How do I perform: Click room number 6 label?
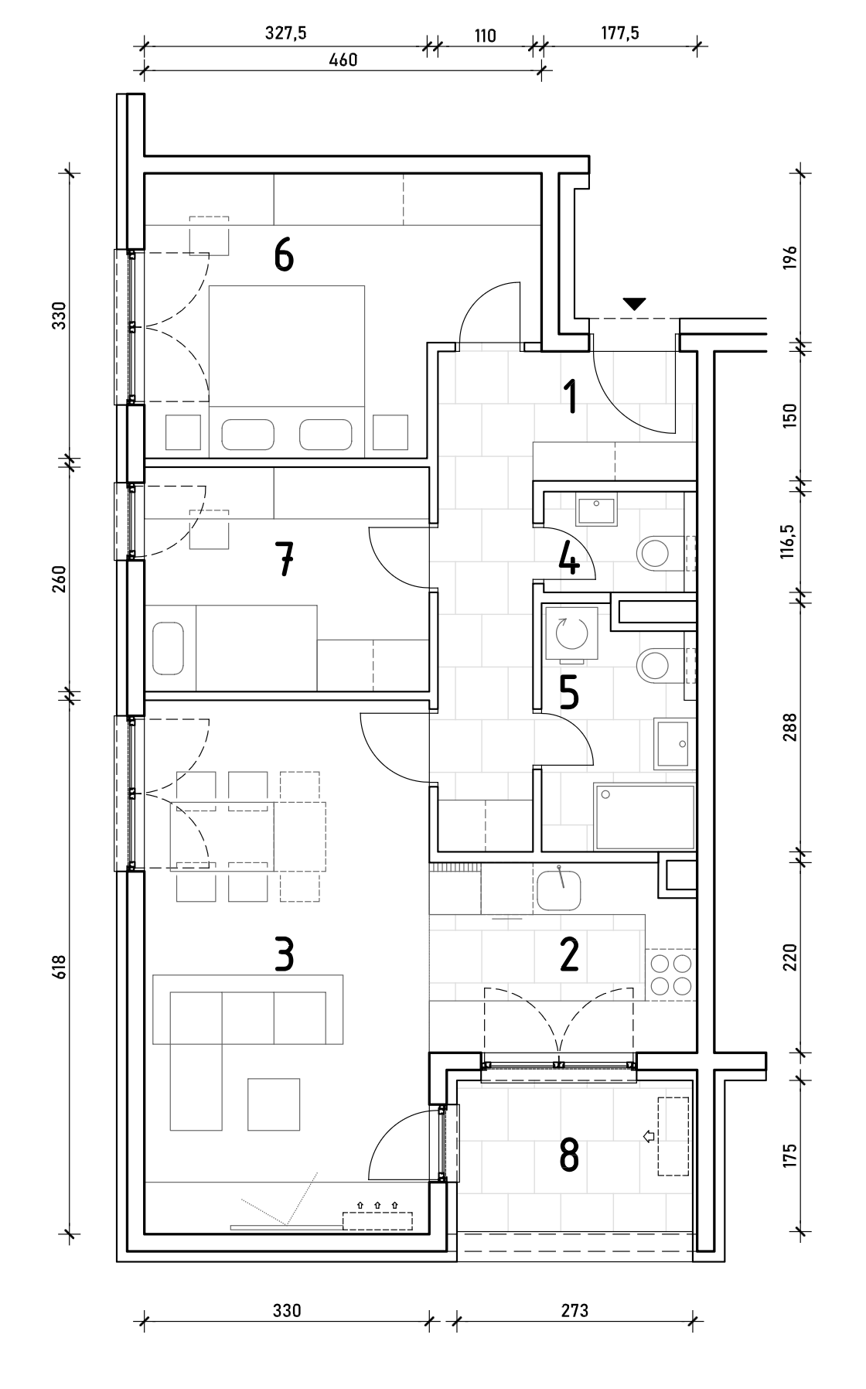[x=284, y=255]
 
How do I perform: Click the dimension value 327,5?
[x=285, y=34]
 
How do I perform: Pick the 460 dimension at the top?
[x=343, y=60]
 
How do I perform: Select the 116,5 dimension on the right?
[x=788, y=540]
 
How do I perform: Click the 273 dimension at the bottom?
[x=574, y=1310]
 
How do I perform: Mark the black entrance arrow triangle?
[x=634, y=304]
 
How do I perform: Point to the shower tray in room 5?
[x=644, y=816]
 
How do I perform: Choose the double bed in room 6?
[x=286, y=368]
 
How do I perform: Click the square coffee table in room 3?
[x=274, y=1104]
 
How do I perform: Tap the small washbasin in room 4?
[x=596, y=511]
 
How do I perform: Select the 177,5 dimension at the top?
[x=619, y=34]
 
